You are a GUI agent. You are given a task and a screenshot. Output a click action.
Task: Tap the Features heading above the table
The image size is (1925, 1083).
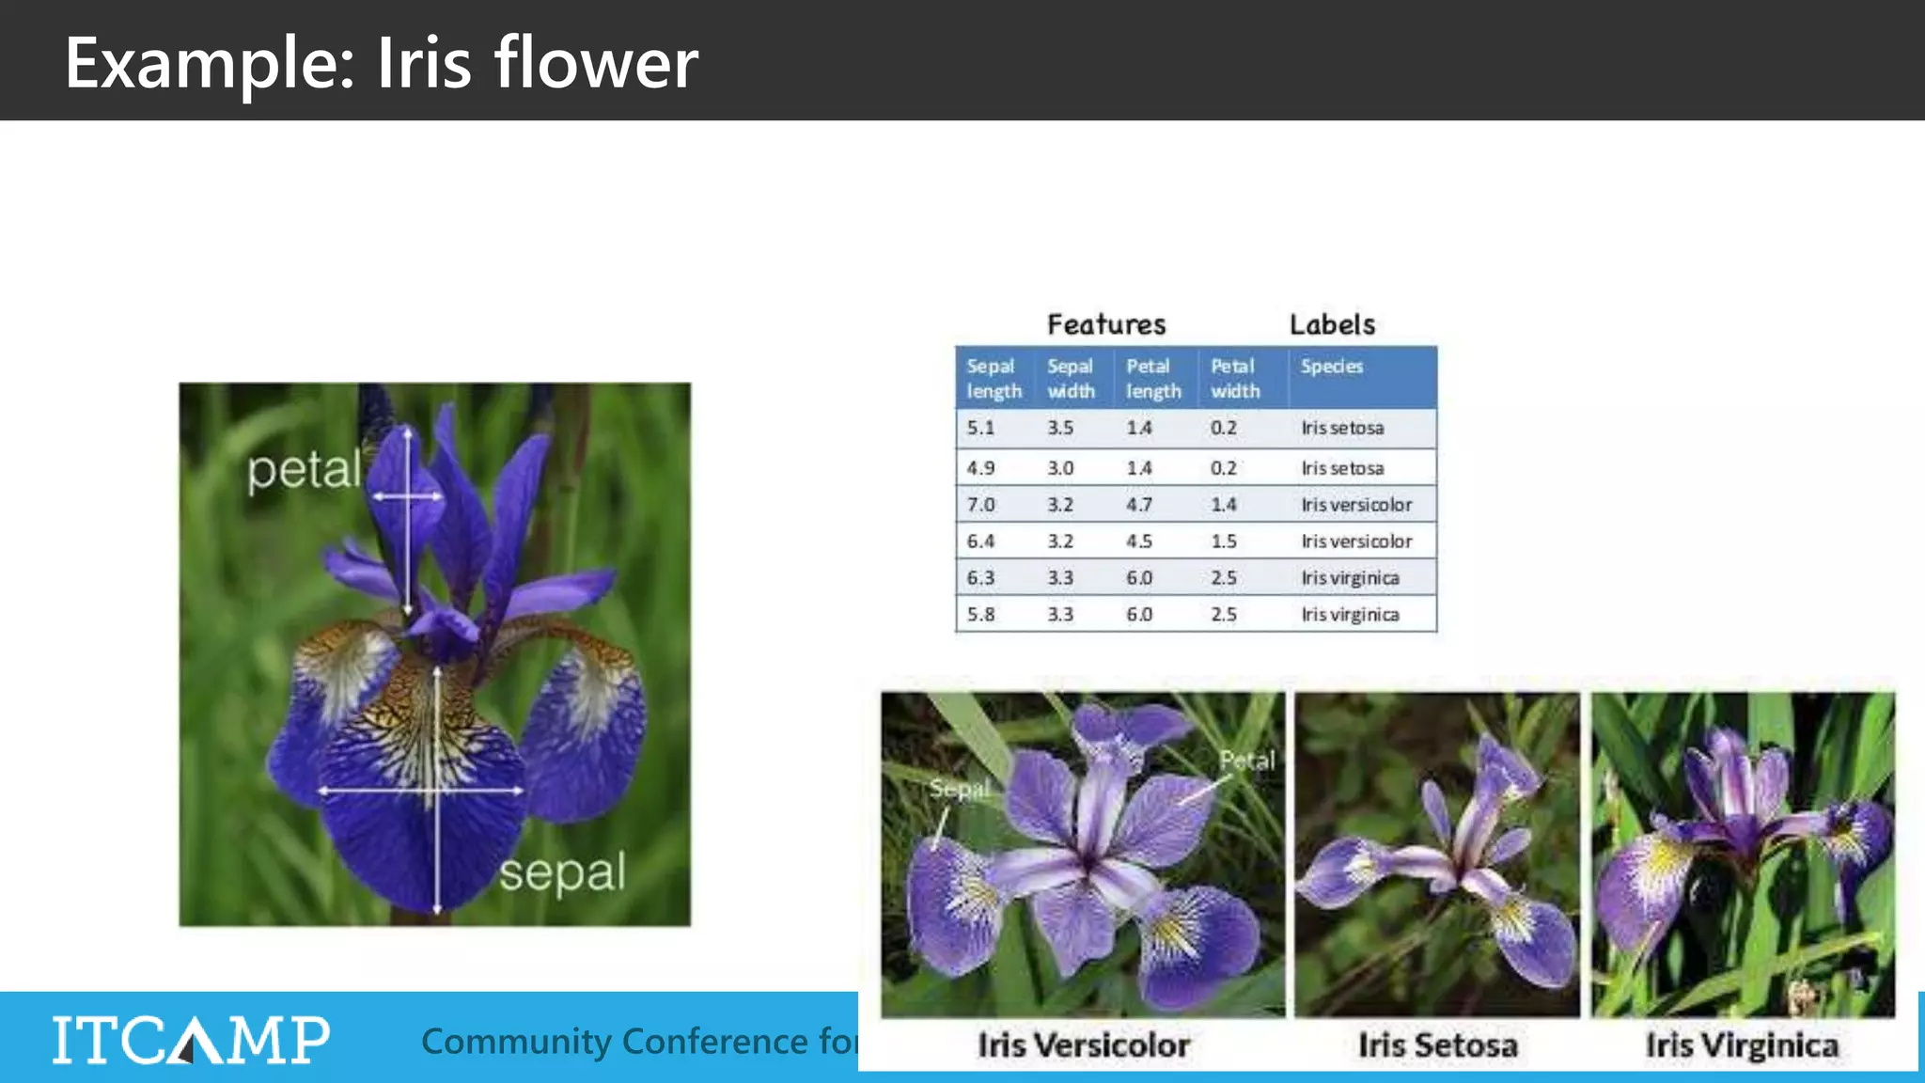(1106, 324)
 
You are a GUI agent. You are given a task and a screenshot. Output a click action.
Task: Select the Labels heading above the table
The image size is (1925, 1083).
(1332, 324)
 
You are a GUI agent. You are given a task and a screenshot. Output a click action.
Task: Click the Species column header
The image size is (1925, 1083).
(1331, 367)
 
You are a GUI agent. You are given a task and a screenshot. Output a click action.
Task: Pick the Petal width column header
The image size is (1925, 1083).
(1234, 378)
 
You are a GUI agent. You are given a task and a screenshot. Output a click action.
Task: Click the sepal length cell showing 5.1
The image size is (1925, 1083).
(980, 428)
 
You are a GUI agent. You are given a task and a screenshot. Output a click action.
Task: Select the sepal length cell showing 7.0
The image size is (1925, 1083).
(980, 505)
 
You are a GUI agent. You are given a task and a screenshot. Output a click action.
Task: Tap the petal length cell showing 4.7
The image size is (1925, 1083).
(1139, 505)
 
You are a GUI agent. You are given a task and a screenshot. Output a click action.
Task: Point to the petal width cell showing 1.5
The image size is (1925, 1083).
(1223, 541)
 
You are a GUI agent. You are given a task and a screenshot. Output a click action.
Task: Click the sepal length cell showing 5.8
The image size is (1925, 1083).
(980, 615)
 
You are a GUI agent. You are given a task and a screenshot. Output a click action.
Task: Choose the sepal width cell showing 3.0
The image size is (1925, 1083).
(1060, 468)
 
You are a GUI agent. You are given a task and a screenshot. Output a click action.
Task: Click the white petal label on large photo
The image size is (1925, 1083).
(304, 470)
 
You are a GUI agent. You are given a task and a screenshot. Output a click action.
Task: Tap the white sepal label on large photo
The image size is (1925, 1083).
(562, 874)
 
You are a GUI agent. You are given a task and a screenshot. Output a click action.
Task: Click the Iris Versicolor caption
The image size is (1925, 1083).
(1083, 1045)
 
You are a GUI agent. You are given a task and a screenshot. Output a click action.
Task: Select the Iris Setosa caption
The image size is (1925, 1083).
(1437, 1045)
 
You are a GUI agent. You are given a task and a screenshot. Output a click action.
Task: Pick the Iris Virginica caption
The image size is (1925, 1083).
(1742, 1045)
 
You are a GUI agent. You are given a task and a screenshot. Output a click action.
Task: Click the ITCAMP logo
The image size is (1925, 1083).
(191, 1040)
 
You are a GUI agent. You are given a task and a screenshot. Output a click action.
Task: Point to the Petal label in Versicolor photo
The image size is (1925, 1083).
(1246, 761)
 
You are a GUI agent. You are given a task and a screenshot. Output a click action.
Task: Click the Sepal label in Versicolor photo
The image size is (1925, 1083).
(959, 789)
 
